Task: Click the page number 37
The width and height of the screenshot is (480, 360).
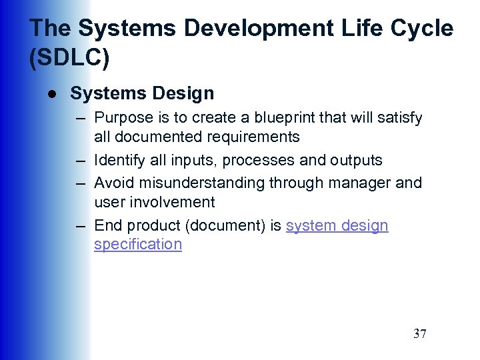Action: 419,334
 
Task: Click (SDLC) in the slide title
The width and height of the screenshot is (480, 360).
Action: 69,58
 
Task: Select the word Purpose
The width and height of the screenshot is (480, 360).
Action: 124,118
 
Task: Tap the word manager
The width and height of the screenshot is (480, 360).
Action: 359,183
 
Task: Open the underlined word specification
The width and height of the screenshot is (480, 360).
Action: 138,244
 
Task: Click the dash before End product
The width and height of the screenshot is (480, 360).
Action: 81,225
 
